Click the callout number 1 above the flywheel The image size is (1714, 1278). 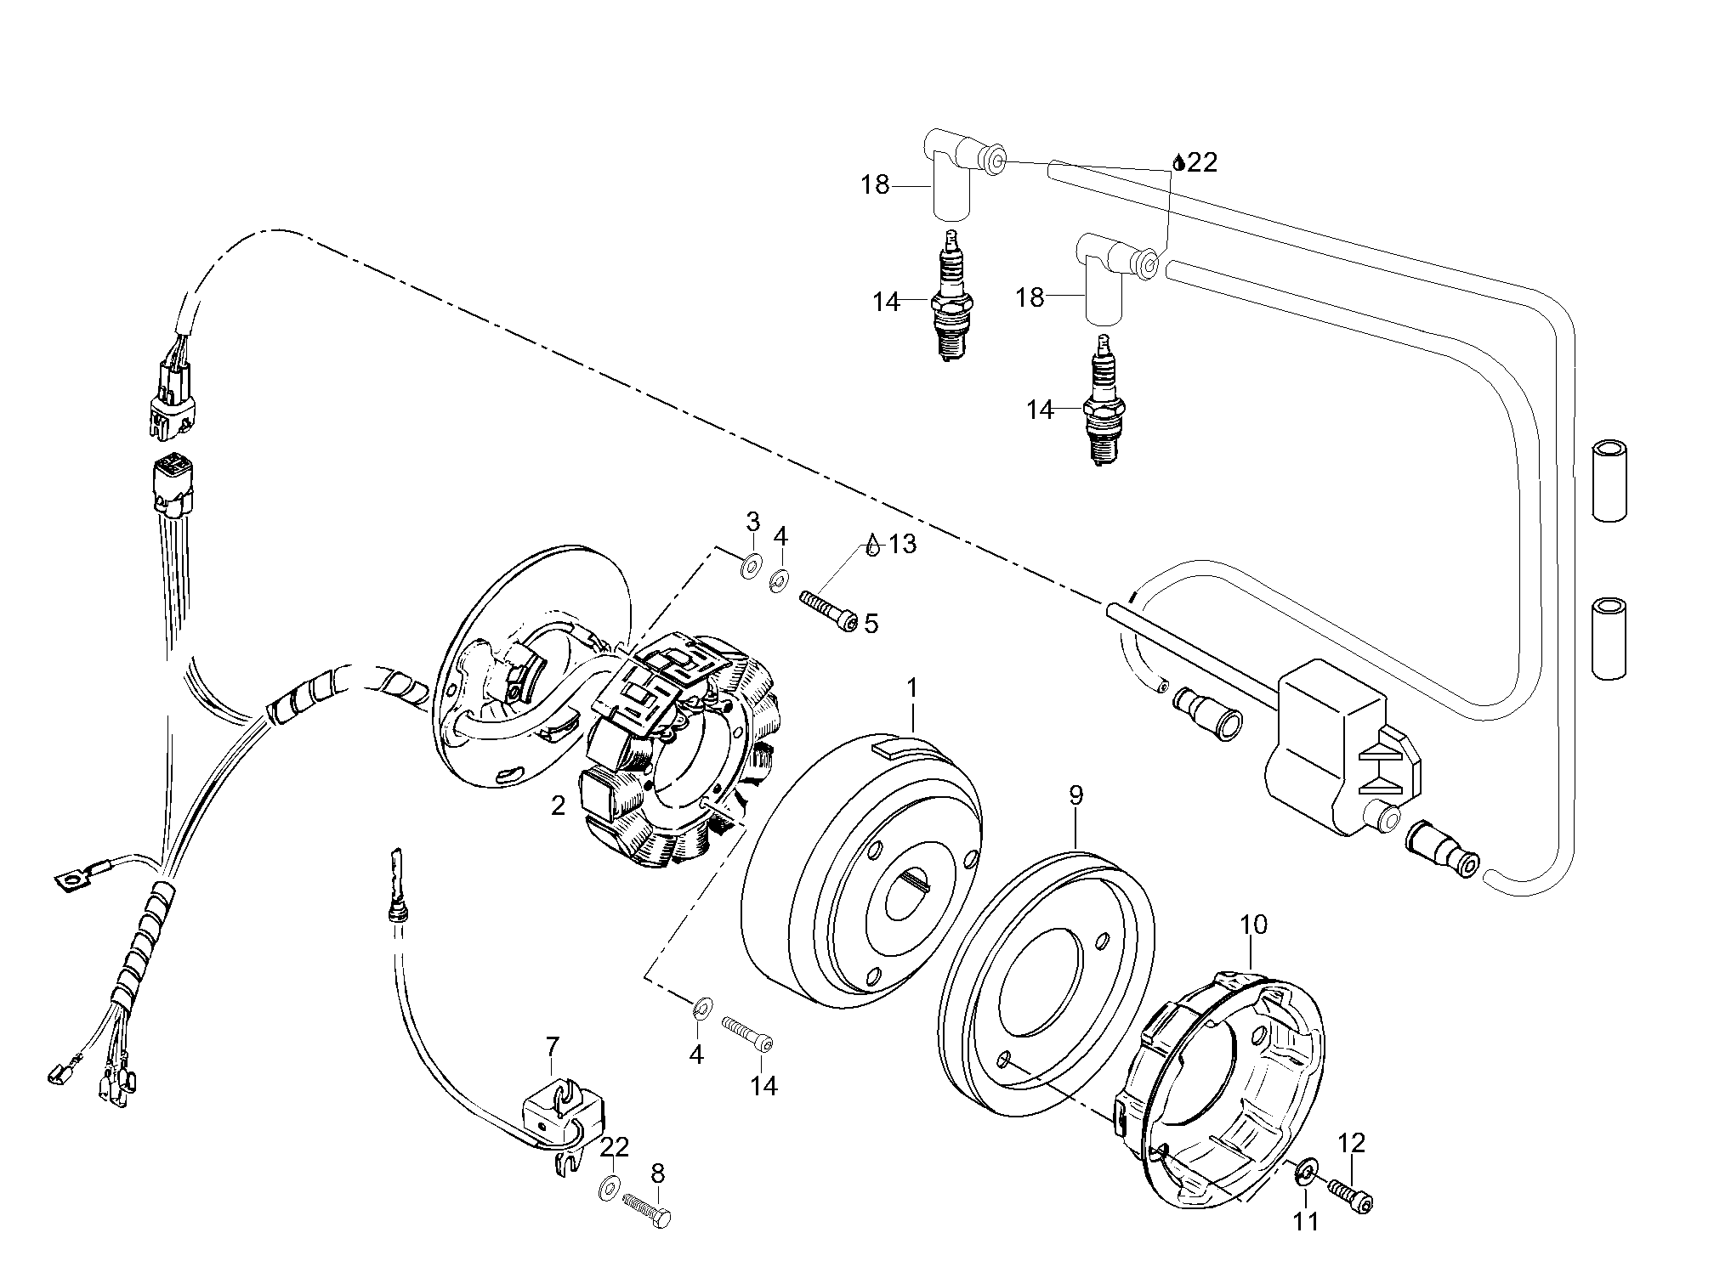click(912, 689)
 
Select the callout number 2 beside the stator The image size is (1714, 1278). click(558, 806)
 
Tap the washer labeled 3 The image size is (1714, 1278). click(751, 568)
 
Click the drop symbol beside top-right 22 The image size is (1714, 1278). click(1178, 162)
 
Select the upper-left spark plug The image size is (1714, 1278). click(952, 302)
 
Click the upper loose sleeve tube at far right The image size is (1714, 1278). click(1608, 480)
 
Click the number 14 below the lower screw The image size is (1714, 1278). click(763, 1086)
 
